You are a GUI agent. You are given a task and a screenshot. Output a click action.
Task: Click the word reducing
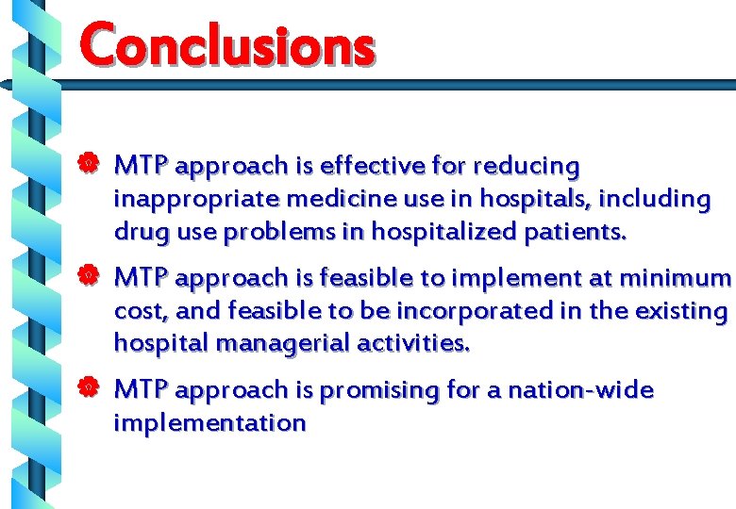(x=527, y=167)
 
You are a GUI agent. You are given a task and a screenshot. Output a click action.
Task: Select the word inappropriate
(x=195, y=200)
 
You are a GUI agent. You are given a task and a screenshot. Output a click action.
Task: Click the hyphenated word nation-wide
(x=580, y=389)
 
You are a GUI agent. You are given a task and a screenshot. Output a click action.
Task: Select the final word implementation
(x=209, y=423)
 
